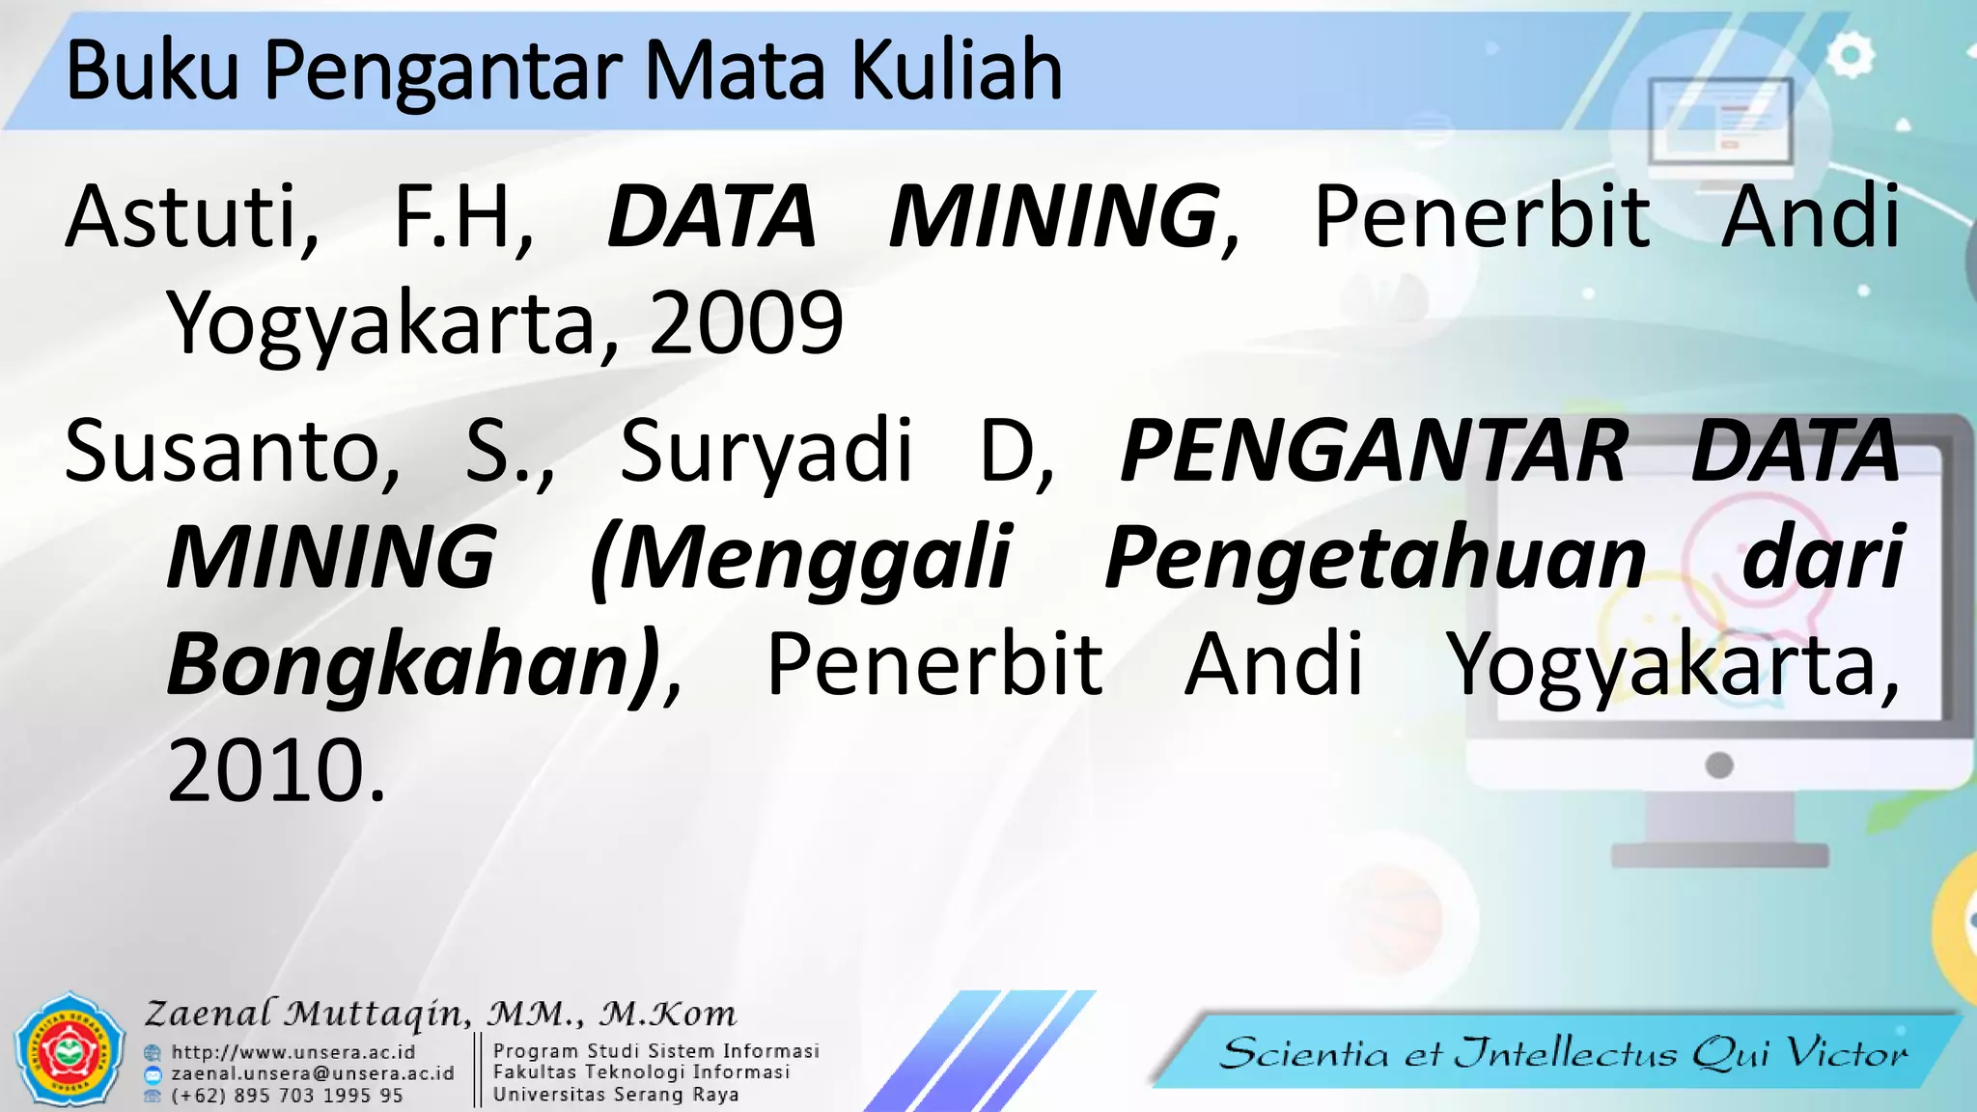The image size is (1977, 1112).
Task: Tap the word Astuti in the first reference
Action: coord(191,216)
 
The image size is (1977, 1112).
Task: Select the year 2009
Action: coord(746,322)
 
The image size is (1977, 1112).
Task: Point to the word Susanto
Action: coord(232,451)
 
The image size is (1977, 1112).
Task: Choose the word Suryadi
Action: coord(765,451)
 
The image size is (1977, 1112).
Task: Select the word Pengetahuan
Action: coord(1375,558)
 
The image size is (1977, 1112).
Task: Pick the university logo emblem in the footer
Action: coord(70,1050)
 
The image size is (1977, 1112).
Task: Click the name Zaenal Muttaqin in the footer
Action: coord(307,1014)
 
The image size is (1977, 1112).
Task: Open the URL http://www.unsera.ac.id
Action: coord(292,1052)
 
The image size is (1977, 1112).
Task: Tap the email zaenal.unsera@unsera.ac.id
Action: coord(312,1073)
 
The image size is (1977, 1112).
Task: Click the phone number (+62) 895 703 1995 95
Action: coord(287,1096)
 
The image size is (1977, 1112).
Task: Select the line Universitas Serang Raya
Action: coord(616,1095)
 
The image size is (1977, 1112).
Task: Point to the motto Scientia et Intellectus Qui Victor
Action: coord(1564,1052)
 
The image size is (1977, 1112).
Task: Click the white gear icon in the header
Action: coord(1850,56)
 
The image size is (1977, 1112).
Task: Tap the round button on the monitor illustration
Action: coord(1719,765)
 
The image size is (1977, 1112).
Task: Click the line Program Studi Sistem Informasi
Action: coord(655,1050)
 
